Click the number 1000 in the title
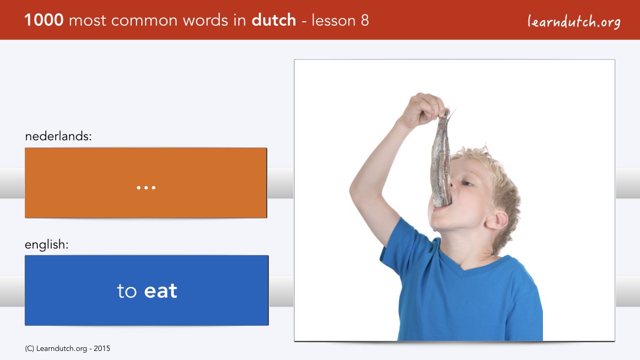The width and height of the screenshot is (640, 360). point(44,20)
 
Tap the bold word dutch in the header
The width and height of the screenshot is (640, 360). point(274,20)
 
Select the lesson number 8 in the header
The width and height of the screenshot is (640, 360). point(365,20)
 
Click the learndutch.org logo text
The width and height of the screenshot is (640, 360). point(574,22)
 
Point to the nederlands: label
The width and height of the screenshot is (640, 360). point(58,136)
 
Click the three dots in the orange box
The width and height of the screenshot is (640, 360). point(146,188)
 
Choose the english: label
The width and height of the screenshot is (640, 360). point(46,245)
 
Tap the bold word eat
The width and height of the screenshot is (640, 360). point(161,291)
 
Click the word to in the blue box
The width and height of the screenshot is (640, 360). point(127,291)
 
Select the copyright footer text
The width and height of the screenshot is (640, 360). point(67,349)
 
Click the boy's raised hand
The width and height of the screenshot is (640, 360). point(425,109)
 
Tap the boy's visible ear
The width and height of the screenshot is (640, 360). point(497,219)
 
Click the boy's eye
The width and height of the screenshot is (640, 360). point(466,183)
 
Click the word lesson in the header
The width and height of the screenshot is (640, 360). point(333,20)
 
